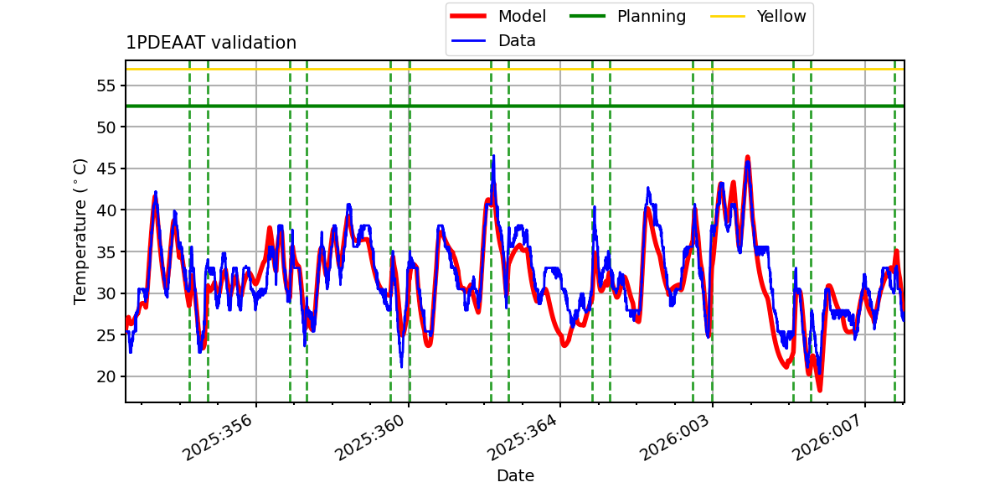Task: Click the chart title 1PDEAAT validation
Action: tap(211, 43)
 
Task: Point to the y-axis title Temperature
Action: tap(81, 231)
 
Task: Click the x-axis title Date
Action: tap(515, 476)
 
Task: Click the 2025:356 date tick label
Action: tap(219, 437)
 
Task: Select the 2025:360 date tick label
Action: tap(372, 437)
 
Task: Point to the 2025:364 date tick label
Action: tap(524, 437)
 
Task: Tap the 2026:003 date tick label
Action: tap(677, 437)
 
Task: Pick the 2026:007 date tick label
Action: tap(829, 437)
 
